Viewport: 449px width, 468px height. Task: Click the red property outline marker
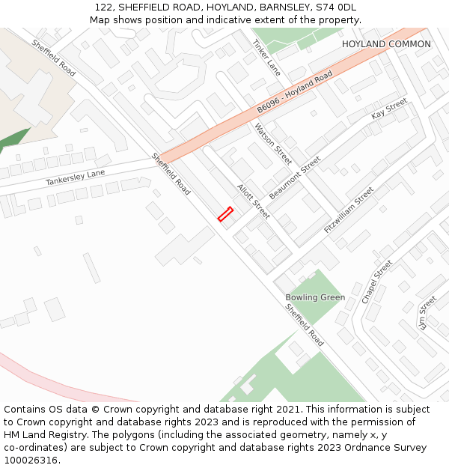click(x=225, y=214)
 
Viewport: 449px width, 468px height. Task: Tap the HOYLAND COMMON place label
click(x=386, y=44)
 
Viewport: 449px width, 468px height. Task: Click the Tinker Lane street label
click(x=267, y=58)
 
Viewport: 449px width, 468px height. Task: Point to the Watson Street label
click(x=273, y=144)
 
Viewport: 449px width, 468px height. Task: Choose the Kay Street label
click(x=389, y=109)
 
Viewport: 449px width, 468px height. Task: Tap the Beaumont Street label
click(x=295, y=177)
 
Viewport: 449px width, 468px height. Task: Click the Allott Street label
click(x=253, y=201)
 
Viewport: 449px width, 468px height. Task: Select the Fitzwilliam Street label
click(x=349, y=210)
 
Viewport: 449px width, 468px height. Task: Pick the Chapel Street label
click(x=377, y=282)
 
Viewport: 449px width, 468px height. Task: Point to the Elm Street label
click(x=427, y=313)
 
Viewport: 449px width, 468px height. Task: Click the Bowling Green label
click(x=315, y=297)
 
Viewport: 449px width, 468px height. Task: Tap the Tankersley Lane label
click(x=75, y=178)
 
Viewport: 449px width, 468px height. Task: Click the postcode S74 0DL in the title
click(x=337, y=7)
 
